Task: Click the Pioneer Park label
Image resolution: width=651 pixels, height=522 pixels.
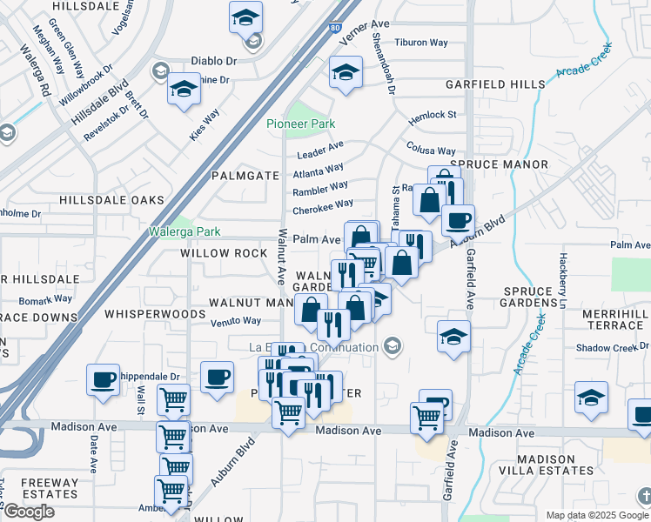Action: click(x=301, y=124)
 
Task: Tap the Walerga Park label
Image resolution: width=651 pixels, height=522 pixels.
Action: click(x=184, y=231)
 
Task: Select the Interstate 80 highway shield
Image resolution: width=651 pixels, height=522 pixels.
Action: click(x=336, y=27)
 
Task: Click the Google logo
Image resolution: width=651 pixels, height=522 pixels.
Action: click(x=29, y=512)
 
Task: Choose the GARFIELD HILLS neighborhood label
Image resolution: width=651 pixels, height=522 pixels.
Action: click(x=495, y=84)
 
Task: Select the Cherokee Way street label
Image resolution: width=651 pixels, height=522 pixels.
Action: click(x=323, y=207)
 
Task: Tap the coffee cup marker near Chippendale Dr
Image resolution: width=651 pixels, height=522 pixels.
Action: click(x=104, y=379)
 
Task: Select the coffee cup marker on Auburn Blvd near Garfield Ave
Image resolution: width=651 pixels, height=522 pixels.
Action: click(x=458, y=219)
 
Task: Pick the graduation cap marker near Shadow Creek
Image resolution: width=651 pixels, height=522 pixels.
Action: click(x=591, y=398)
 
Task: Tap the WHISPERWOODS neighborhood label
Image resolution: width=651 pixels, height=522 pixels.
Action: click(x=142, y=312)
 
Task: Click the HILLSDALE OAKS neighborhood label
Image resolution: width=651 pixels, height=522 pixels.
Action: click(x=111, y=200)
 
